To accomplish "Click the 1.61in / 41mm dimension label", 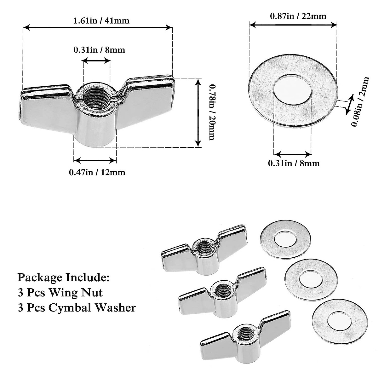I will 101,21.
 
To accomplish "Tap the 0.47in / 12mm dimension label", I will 97,172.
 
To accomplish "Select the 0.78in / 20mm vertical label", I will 211,113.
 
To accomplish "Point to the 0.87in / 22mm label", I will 298,16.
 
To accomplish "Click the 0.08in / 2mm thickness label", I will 360,101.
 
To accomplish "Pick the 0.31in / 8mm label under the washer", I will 294,163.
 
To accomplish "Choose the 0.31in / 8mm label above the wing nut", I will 99,50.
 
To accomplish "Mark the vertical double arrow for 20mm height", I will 198,113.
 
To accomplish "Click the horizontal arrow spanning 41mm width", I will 98,28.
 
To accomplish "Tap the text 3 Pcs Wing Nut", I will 60,292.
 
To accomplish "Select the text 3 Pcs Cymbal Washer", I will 77,307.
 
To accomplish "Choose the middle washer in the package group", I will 311,277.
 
